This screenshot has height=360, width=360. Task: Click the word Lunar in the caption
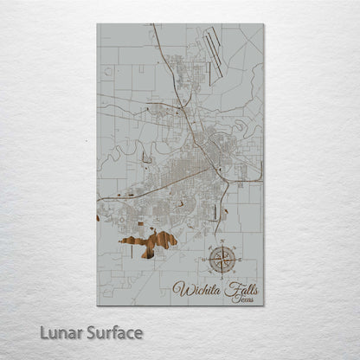point(55,332)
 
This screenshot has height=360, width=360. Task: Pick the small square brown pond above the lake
point(131,196)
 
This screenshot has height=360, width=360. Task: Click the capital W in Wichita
point(180,288)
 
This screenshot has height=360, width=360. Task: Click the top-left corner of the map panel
point(97,24)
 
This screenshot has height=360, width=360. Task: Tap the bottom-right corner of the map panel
point(263,305)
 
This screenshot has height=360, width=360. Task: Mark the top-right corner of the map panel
point(263,24)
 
